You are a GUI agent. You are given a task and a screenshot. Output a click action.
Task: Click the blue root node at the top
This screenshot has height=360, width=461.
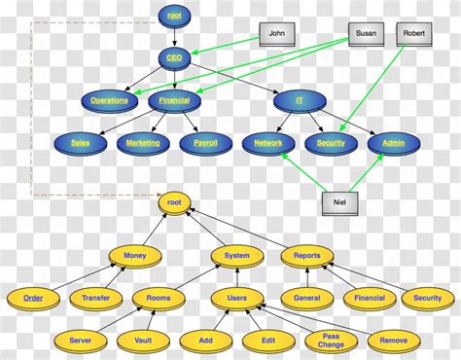174,16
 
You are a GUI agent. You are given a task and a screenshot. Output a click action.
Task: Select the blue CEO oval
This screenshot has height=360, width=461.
174,58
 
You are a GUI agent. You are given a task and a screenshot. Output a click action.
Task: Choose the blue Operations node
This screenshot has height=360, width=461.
109,100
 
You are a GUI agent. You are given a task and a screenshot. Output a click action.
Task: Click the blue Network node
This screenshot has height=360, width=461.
268,143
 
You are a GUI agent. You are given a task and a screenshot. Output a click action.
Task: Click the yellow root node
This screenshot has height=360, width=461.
175,203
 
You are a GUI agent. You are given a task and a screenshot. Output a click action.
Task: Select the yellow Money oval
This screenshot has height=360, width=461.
136,256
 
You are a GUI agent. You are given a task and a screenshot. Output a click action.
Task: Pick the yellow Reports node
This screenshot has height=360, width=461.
307,256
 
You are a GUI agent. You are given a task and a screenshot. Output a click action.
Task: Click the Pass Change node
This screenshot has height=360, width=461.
330,341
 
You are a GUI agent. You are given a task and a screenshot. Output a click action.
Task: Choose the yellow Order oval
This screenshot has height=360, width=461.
33,299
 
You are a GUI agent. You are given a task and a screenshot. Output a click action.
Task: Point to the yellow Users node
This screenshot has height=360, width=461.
237,299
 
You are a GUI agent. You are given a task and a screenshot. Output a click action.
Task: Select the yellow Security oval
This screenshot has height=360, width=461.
428,299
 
